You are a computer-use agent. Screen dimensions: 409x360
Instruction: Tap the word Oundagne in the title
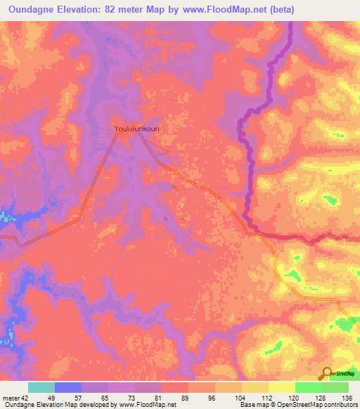click(x=37, y=10)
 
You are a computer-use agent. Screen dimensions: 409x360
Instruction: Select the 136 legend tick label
click(x=346, y=397)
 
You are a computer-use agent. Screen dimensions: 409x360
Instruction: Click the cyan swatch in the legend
click(x=41, y=387)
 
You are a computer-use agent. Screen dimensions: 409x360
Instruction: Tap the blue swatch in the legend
click(x=68, y=387)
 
